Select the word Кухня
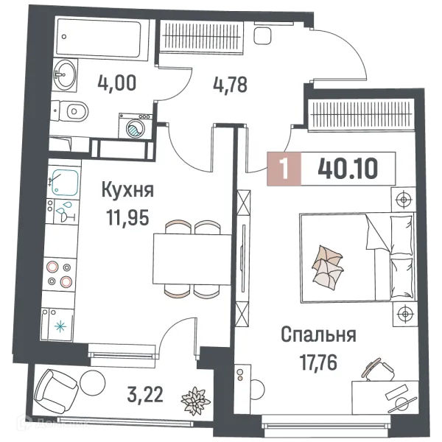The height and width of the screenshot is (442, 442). [127, 192]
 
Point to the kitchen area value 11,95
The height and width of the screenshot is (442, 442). [127, 217]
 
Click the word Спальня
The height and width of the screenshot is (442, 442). [318, 336]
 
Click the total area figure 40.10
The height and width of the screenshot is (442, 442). [348, 169]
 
